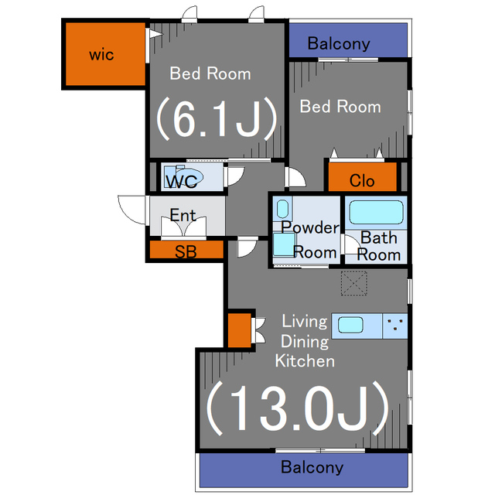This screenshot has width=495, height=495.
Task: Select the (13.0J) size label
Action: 296,408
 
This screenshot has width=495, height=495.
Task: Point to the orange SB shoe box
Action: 186,251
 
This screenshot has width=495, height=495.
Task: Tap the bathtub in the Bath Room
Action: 375,212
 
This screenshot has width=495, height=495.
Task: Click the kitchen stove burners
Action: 395,325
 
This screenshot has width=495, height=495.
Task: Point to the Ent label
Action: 183,215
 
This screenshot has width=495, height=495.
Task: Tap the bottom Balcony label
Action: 312,467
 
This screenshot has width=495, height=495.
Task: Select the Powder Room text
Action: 309,240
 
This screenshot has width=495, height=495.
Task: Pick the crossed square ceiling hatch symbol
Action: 354,285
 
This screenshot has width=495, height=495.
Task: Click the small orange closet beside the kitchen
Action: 238,329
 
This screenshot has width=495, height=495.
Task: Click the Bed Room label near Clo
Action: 340,107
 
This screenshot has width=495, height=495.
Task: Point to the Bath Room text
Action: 379,246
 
